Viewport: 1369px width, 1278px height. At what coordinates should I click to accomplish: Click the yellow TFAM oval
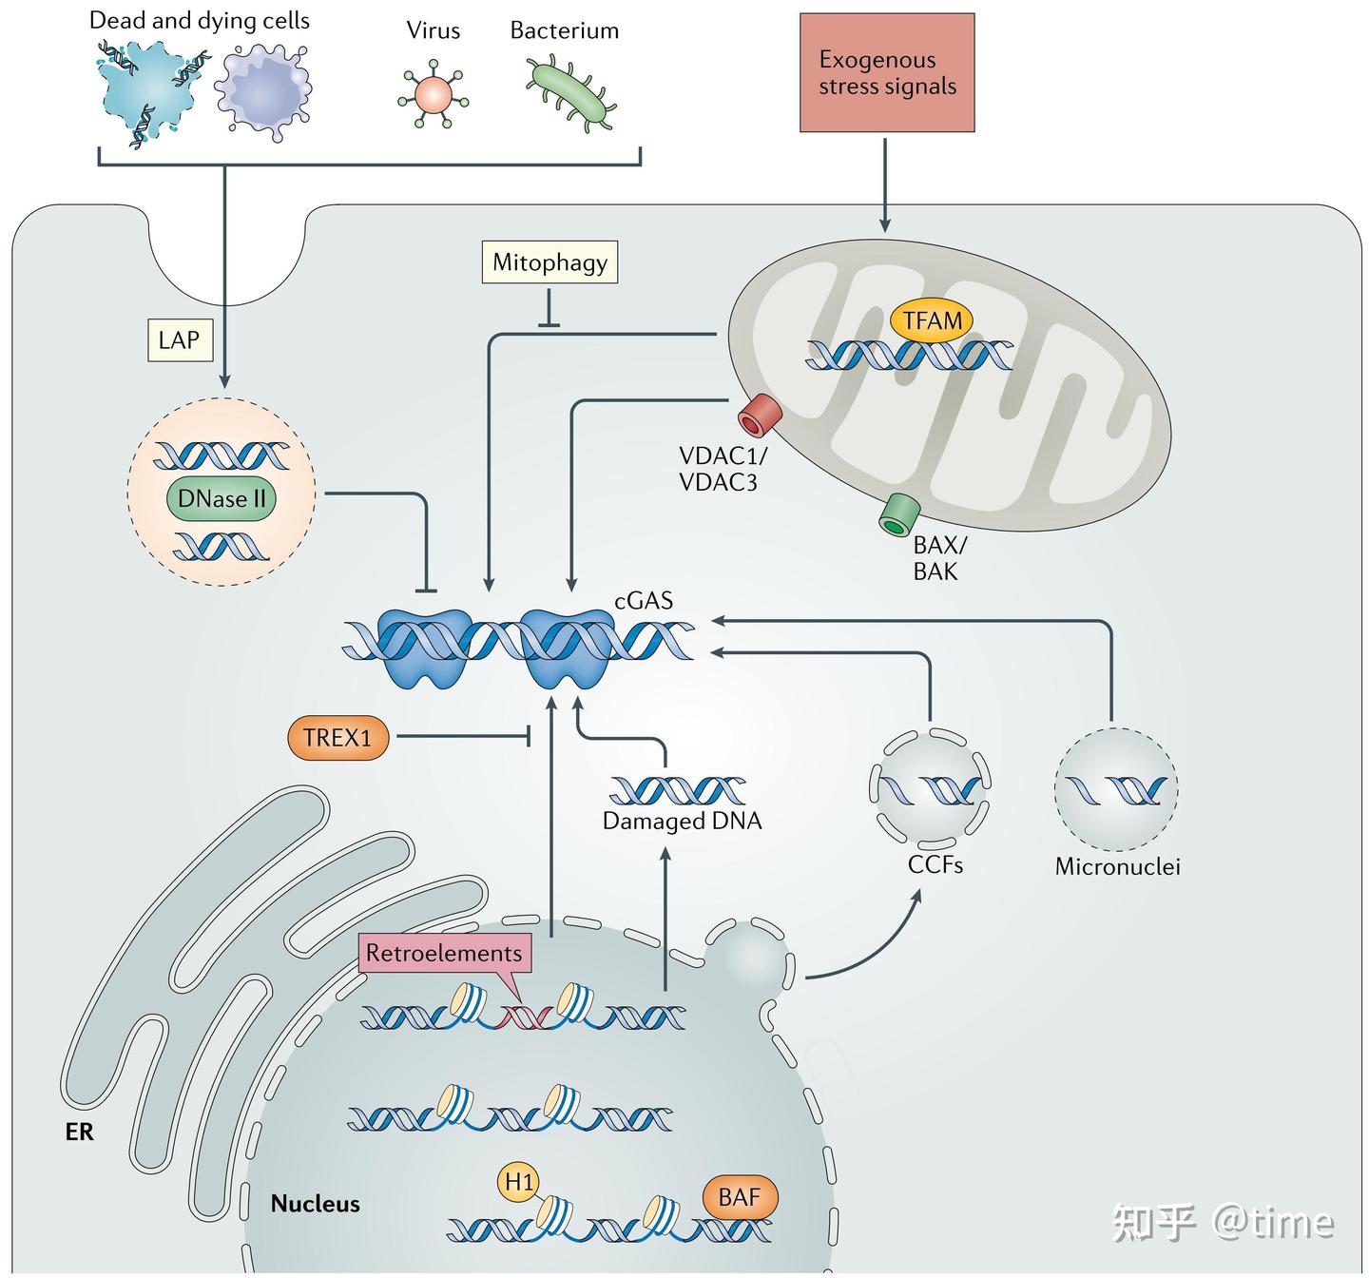[x=932, y=320]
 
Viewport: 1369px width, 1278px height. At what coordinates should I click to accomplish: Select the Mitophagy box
[x=550, y=262]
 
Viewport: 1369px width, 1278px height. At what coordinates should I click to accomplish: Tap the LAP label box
[x=180, y=339]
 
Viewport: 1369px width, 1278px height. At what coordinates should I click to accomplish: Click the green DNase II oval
[x=221, y=498]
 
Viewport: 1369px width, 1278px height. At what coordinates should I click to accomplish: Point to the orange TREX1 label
[x=337, y=737]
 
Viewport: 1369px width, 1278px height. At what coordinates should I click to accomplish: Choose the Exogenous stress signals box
[x=887, y=72]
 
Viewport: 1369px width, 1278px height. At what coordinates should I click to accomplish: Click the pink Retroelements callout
[x=444, y=954]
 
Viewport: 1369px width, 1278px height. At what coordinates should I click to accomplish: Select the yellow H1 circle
[x=518, y=1182]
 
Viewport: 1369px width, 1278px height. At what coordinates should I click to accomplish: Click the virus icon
[x=433, y=94]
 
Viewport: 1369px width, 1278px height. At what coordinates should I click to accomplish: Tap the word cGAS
[x=644, y=600]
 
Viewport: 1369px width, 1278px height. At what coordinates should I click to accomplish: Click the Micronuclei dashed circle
[x=1116, y=789]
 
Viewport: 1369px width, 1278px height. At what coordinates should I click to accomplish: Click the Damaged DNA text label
[x=682, y=821]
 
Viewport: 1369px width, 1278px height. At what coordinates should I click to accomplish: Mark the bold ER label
[x=80, y=1133]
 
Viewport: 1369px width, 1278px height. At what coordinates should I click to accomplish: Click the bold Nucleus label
[x=315, y=1204]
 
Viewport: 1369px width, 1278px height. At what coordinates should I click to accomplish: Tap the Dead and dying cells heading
[x=200, y=21]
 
